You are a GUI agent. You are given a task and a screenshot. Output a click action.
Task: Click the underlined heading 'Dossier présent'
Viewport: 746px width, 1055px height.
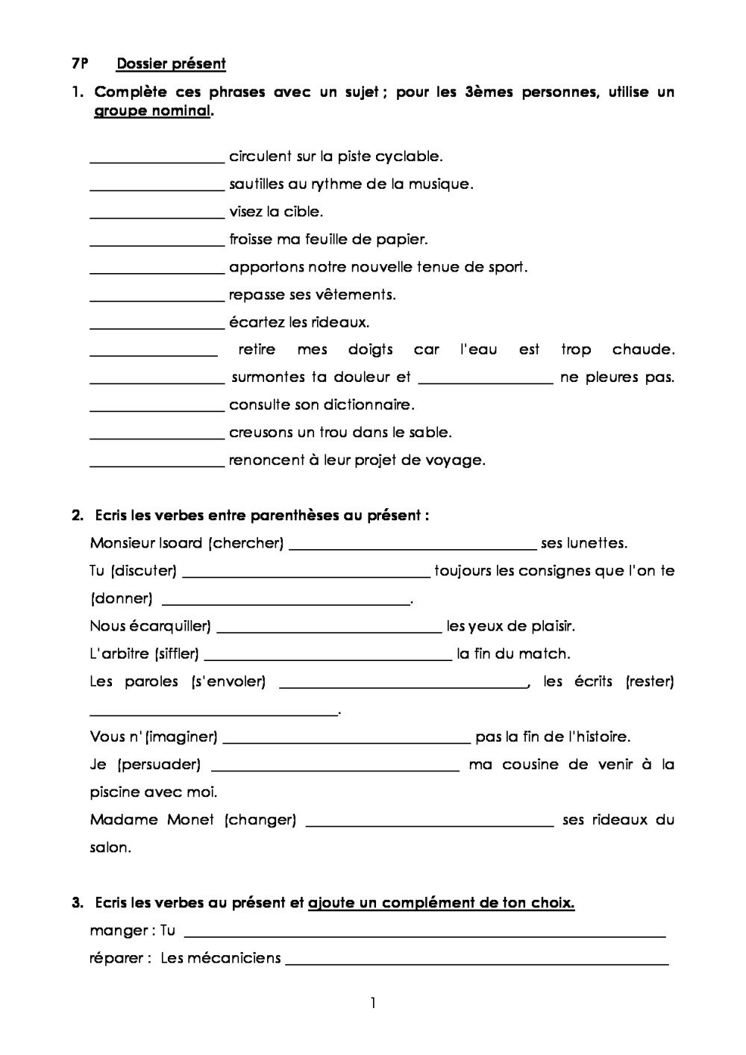pos(171,64)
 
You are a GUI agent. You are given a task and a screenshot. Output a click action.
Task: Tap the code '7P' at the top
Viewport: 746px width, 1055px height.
pos(80,64)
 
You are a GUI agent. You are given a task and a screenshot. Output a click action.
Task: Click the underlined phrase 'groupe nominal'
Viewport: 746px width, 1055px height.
pos(152,112)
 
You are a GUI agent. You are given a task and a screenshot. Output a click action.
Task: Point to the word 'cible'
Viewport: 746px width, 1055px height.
pos(304,212)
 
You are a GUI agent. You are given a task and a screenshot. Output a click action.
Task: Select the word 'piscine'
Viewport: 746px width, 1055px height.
pos(114,792)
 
